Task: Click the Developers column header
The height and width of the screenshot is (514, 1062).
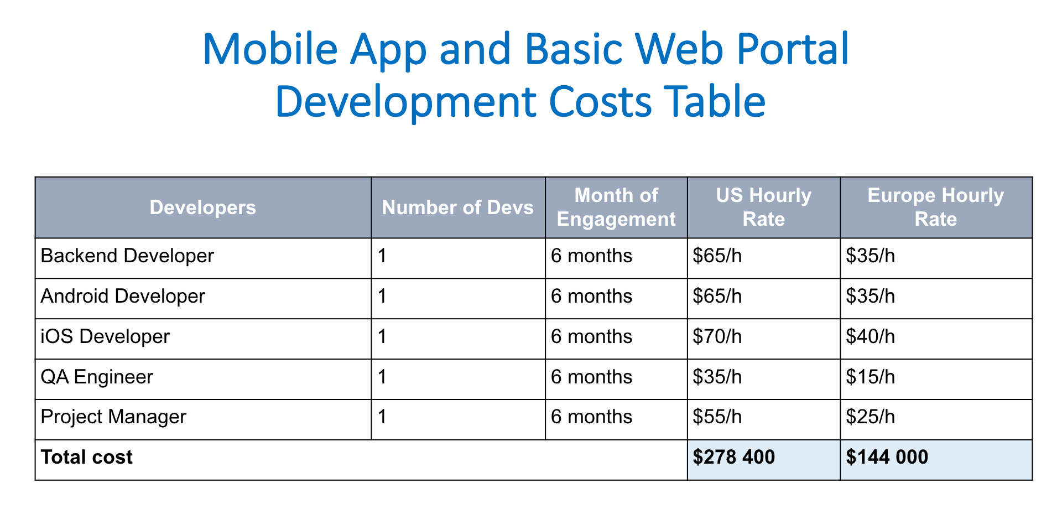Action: coord(202,207)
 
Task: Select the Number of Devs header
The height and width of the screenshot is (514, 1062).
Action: coord(457,207)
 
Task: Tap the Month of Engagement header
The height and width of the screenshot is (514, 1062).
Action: coord(616,207)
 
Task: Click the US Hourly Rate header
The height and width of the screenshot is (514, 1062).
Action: coord(763,207)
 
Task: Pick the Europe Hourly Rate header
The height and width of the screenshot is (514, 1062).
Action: coord(936,207)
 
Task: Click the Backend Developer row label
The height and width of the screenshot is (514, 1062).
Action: coord(127,256)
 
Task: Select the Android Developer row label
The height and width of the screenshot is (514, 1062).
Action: coord(123,296)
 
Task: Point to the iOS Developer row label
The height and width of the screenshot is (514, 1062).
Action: coord(105,336)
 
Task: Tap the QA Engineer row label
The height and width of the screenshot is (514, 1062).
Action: coord(97,377)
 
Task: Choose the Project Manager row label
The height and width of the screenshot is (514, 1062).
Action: coord(113,417)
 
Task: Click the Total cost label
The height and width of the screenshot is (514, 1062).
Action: coord(87,457)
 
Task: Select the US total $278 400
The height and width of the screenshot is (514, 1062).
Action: coord(733,457)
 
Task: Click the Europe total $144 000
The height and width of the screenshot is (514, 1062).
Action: coord(887,457)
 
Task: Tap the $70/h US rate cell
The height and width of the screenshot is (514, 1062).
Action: coord(717,336)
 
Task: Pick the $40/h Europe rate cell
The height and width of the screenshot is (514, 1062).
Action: coord(870,336)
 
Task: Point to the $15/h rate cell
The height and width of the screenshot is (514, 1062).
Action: coord(870,377)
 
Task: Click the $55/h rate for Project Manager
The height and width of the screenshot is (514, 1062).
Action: coord(717,417)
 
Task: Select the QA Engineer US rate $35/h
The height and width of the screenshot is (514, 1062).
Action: coord(717,377)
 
